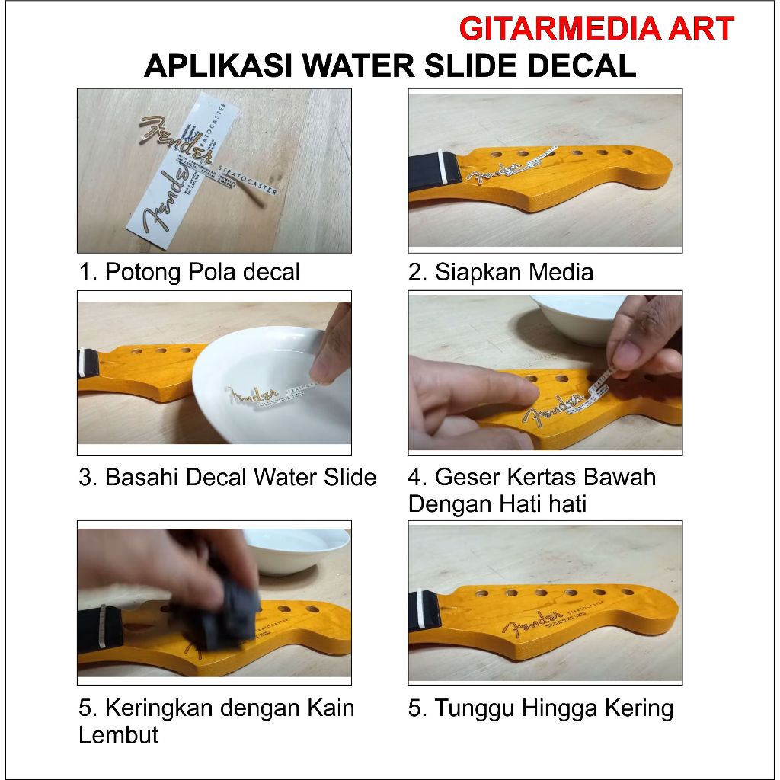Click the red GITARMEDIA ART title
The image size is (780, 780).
coord(596,29)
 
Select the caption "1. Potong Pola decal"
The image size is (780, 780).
coord(190,272)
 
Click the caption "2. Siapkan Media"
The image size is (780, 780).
coord(500,272)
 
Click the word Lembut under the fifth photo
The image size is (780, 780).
coord(118,735)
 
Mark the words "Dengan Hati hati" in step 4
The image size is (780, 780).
coord(497,504)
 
